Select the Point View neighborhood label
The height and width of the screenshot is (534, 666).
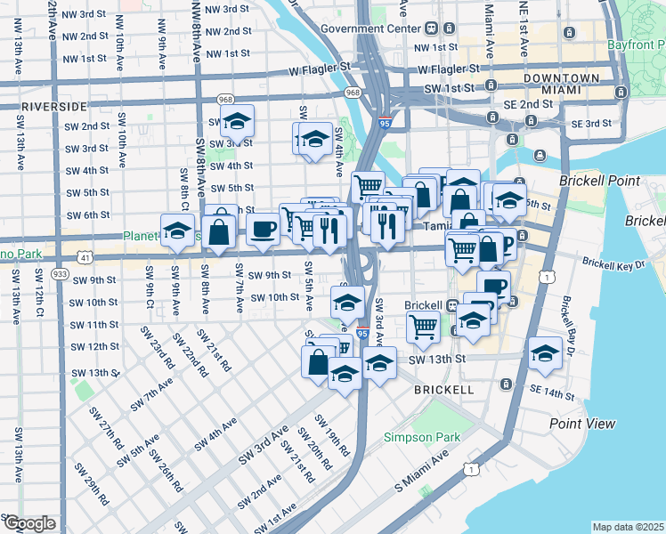coord(582,424)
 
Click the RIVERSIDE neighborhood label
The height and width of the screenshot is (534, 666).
coord(53,106)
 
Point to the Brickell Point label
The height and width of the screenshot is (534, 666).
coord(599,181)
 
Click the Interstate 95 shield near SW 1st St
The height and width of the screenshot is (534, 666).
coord(384,123)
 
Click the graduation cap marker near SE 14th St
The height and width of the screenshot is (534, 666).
coord(544,352)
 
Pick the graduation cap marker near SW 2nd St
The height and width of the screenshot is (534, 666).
coord(237,120)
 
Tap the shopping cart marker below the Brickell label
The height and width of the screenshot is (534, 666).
coord(423,326)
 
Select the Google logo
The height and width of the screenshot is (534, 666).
coord(29,523)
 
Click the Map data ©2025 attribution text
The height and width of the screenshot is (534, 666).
coord(627,527)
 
